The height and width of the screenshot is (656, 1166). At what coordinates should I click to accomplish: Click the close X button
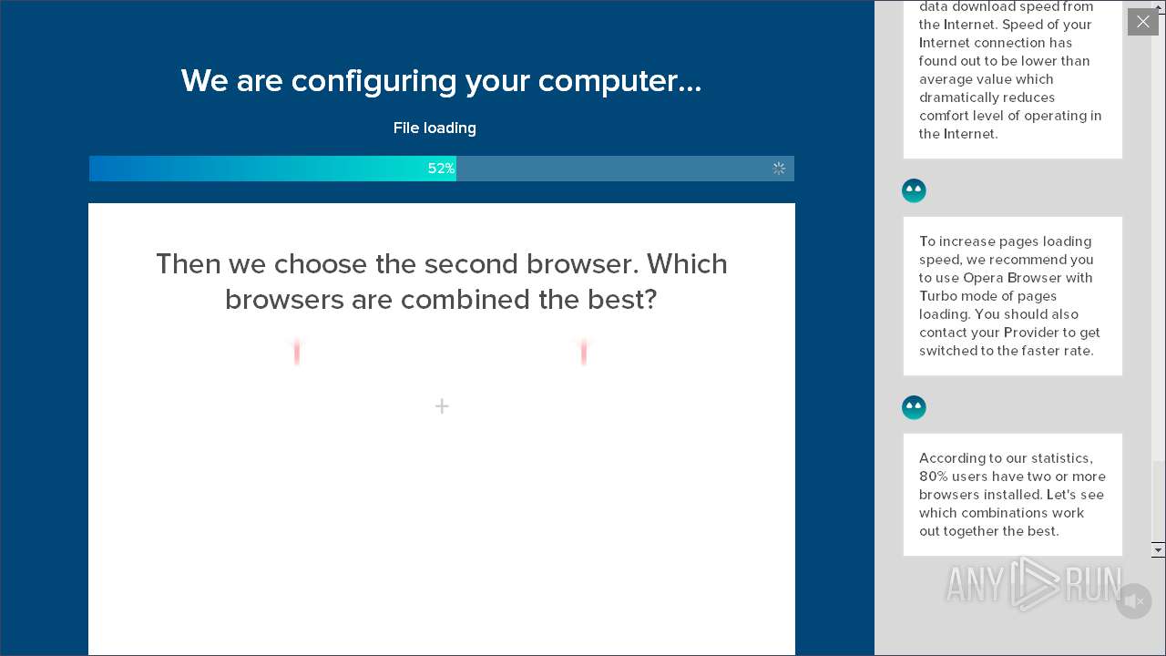click(1142, 22)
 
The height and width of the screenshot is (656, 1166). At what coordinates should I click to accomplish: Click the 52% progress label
click(441, 169)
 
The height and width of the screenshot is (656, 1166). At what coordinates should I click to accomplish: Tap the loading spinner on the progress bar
click(779, 169)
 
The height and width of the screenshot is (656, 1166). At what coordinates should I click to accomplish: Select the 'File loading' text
click(435, 128)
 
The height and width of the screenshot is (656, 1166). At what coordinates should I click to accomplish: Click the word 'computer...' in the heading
click(619, 82)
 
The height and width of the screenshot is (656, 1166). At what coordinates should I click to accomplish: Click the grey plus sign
click(442, 406)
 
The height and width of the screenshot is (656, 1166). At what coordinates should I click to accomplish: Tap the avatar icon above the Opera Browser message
click(914, 190)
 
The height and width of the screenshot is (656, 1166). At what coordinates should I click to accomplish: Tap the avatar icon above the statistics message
click(914, 407)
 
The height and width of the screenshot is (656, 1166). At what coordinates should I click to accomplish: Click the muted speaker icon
click(1133, 601)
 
